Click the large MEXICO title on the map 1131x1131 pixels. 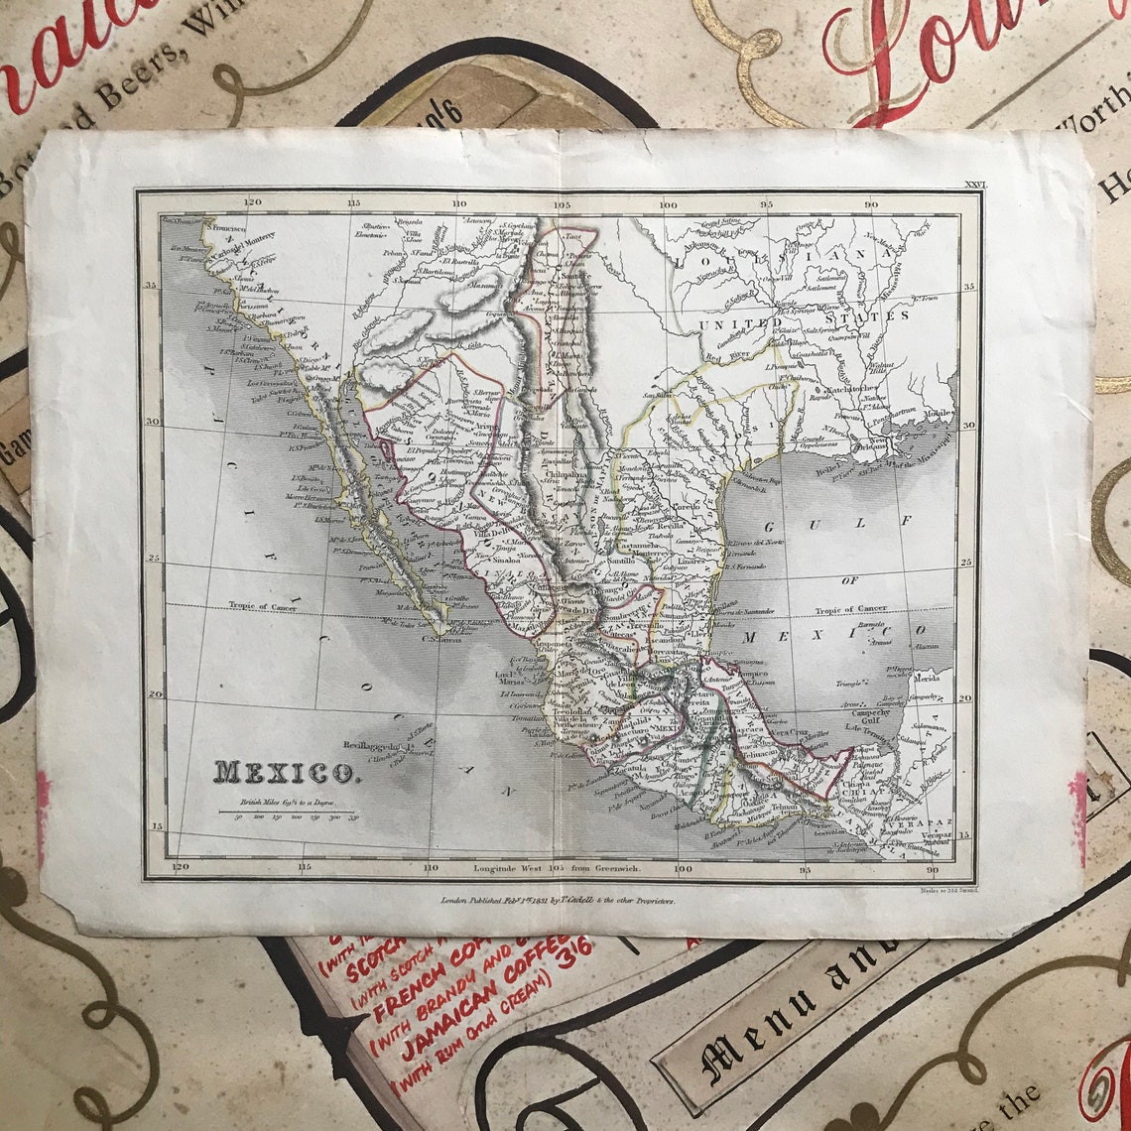point(284,772)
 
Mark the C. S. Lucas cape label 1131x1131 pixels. point(443,639)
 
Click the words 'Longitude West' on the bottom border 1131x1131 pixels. point(509,867)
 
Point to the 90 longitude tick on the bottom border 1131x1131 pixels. point(933,869)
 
